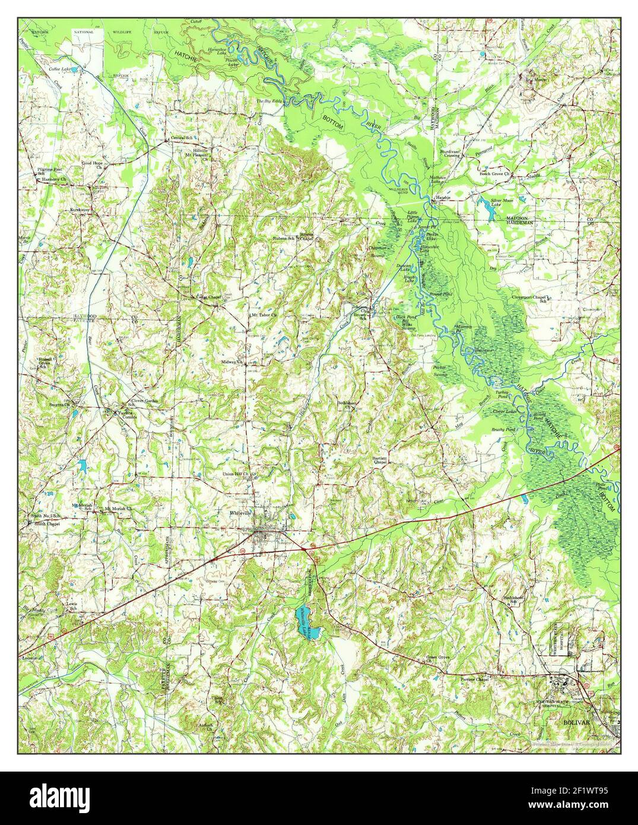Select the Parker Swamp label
(x=440, y=371)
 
